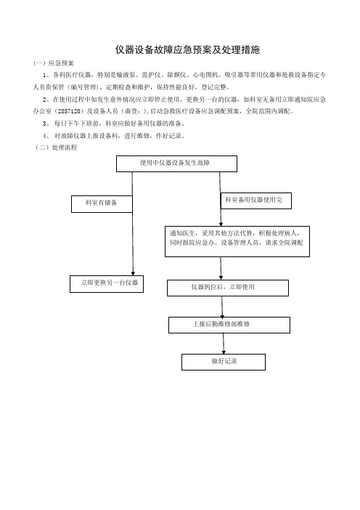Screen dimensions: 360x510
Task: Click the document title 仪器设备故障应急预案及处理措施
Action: [187, 49]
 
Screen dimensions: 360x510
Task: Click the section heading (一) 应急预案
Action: [54, 63]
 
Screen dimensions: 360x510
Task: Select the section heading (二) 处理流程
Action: [56, 147]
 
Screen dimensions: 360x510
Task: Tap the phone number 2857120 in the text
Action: [68, 111]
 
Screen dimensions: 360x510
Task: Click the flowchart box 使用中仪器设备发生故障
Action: [176, 163]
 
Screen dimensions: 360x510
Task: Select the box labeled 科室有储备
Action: [102, 204]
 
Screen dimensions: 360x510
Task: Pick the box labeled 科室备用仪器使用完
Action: [255, 201]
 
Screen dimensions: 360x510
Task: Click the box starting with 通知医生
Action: [237, 242]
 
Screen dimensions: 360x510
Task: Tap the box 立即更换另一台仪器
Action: [107, 284]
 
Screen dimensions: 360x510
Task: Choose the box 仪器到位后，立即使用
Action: [228, 288]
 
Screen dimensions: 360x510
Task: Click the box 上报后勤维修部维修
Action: [229, 325]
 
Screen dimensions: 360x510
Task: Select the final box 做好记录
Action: [224, 362]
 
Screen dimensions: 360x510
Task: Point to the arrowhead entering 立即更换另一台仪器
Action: [133, 273]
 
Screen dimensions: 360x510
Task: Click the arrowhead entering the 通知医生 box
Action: [221, 224]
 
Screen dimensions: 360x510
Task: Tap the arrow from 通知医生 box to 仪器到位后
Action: [221, 268]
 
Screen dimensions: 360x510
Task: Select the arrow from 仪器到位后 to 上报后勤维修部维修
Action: [222, 307]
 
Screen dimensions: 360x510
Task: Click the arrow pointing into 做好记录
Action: [224, 344]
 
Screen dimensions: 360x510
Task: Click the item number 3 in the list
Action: [44, 124]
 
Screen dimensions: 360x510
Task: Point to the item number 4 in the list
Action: [44, 136]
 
